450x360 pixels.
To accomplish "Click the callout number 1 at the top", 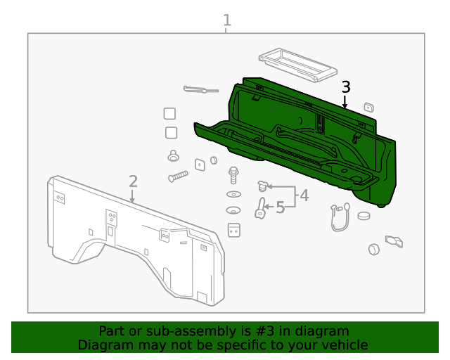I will [x=226, y=20].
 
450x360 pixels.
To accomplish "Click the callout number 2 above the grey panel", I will [x=133, y=181].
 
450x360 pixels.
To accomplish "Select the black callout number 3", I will [x=345, y=87].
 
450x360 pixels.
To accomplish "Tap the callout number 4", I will [x=304, y=195].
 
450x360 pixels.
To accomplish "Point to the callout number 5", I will [x=280, y=207].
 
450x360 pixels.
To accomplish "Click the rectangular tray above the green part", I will [x=295, y=64].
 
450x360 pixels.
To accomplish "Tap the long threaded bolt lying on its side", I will [x=178, y=176].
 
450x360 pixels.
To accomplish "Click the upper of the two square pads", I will [x=169, y=114].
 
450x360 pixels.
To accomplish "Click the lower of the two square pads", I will [x=172, y=133].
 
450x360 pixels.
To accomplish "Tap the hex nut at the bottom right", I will [x=374, y=249].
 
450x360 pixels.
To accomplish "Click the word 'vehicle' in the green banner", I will [x=343, y=345].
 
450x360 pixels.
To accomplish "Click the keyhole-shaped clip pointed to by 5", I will [x=260, y=208].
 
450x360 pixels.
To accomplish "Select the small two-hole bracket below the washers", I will [x=234, y=230].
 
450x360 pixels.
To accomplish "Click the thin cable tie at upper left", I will [x=200, y=89].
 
